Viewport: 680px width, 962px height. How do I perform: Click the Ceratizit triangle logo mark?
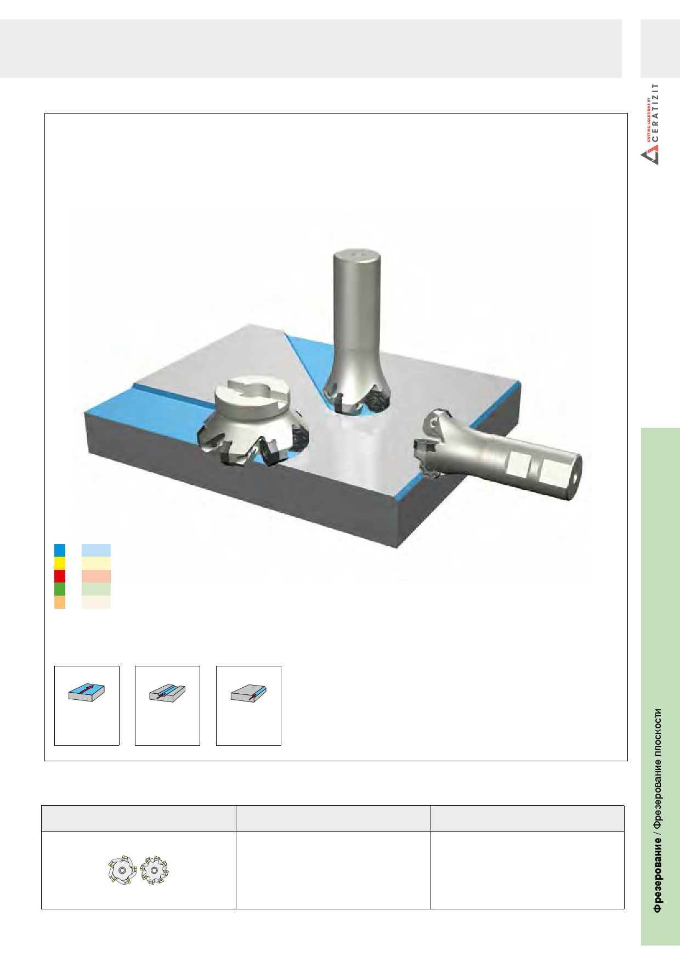pos(650,156)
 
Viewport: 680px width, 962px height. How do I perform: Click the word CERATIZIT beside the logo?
pos(656,113)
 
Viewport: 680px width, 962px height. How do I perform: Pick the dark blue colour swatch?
pos(60,550)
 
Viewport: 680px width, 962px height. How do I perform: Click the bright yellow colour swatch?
pos(60,563)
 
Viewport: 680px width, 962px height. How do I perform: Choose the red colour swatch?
pos(60,576)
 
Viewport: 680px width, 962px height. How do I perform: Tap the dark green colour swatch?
pos(60,589)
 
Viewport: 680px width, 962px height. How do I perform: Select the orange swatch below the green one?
pos(60,602)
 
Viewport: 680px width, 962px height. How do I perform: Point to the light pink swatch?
pos(96,576)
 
